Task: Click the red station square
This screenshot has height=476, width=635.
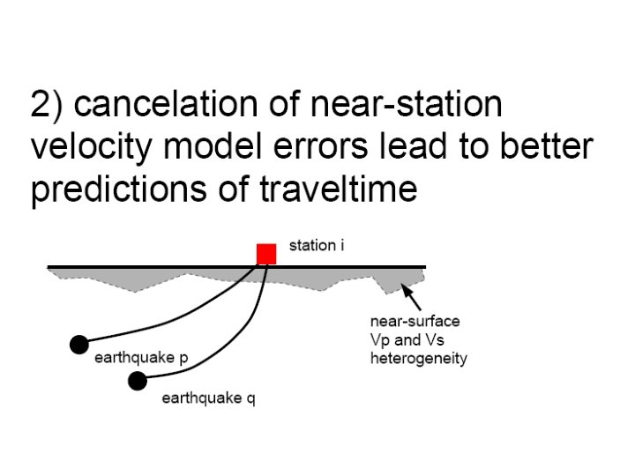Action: [266, 254]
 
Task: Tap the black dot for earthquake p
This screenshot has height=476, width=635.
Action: [78, 344]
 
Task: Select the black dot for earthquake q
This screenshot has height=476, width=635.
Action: [137, 380]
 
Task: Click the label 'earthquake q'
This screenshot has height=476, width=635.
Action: [208, 398]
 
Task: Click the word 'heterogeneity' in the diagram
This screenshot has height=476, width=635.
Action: [419, 359]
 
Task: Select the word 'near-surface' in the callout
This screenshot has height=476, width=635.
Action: [415, 321]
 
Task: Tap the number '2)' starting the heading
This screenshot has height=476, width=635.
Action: [48, 107]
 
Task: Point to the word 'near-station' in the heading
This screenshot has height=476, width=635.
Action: [407, 106]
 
